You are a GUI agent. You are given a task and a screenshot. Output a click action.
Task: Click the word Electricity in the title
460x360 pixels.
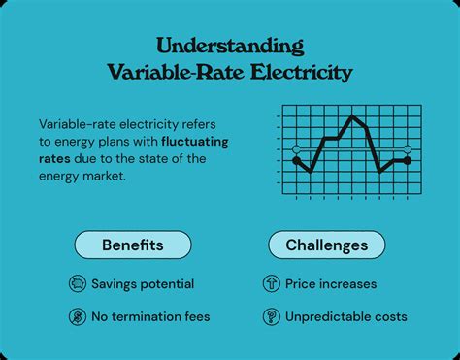pyautogui.click(x=303, y=72)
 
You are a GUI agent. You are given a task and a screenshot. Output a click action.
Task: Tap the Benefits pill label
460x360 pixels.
pyautogui.click(x=132, y=245)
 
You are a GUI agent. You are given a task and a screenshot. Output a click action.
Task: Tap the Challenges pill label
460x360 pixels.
pyautogui.click(x=326, y=245)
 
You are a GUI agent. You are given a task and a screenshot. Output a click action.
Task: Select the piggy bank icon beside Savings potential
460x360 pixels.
pyautogui.click(x=77, y=284)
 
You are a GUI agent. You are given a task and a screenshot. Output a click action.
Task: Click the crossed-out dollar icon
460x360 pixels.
pyautogui.click(x=77, y=316)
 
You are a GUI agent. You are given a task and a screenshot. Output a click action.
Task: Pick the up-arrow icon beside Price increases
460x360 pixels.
pyautogui.click(x=271, y=284)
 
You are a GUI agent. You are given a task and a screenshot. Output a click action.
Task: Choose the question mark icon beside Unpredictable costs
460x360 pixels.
pyautogui.click(x=271, y=316)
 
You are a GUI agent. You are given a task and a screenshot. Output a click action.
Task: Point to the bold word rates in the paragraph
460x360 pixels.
pyautogui.click(x=55, y=159)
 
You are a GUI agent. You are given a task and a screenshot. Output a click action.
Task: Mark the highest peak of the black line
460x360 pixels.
pyautogui.click(x=353, y=117)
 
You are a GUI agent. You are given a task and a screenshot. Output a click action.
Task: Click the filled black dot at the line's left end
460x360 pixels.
pyautogui.click(x=297, y=159)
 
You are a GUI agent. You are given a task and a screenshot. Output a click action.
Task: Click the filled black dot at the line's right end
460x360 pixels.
pyautogui.click(x=408, y=160)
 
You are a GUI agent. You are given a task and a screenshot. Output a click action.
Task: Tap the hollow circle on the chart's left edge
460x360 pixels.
pyautogui.click(x=297, y=148)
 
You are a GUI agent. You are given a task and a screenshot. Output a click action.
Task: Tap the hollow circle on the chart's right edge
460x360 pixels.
pyautogui.click(x=408, y=148)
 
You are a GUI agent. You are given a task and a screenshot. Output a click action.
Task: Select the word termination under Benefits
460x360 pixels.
pyautogui.click(x=148, y=316)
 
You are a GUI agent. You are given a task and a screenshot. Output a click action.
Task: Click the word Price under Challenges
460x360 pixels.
pyautogui.click(x=302, y=284)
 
